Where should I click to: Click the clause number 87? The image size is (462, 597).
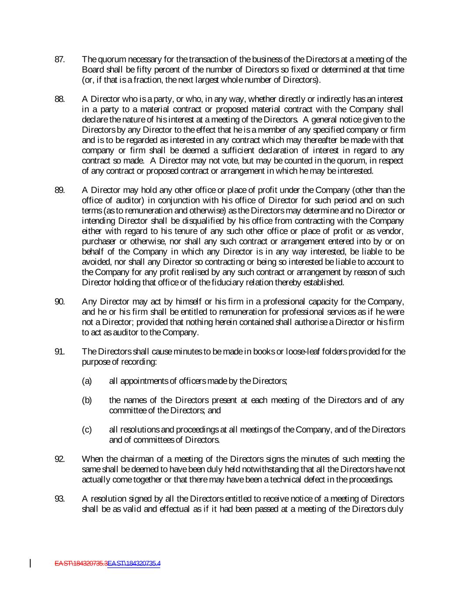59,59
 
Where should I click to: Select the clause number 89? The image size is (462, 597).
59,190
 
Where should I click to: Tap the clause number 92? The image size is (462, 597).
59,459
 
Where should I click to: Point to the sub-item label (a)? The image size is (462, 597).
87,381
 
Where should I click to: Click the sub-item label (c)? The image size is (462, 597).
87,430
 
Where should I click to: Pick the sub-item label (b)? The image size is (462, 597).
87,400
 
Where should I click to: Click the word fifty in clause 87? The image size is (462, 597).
131,70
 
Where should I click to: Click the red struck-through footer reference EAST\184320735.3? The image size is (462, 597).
81,563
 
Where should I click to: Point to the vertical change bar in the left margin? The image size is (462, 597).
30,563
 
